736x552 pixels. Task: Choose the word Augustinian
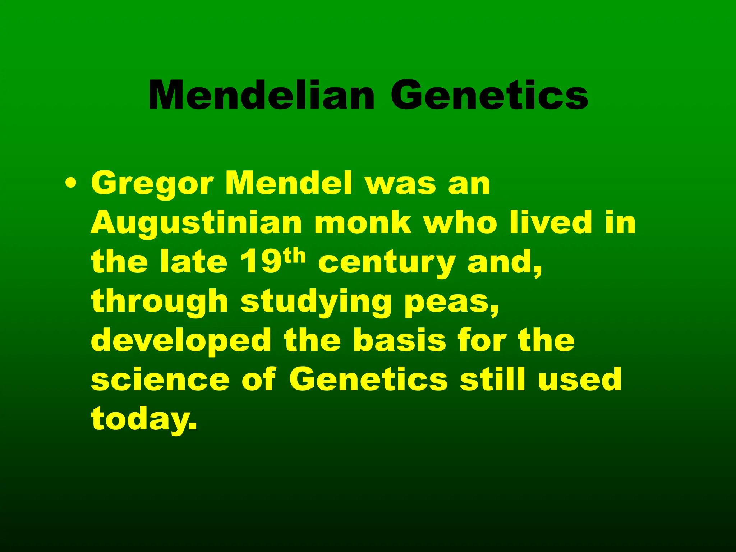(196, 224)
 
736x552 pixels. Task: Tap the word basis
(399, 341)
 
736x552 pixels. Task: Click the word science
(160, 380)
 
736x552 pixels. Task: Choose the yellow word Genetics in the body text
(368, 379)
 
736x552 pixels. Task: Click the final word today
(144, 419)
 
